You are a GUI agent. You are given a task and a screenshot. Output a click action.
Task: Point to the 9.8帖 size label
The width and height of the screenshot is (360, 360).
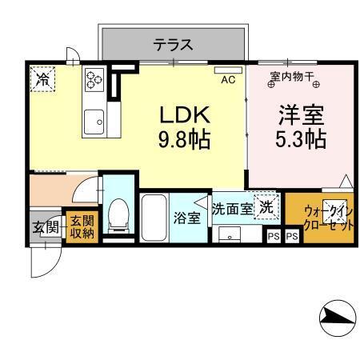click(x=184, y=140)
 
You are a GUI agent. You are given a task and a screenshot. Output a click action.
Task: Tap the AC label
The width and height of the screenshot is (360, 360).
click(x=228, y=78)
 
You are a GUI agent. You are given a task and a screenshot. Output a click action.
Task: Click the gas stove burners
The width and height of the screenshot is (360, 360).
click(x=95, y=79)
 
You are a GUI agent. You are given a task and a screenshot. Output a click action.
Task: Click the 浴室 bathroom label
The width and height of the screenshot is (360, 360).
click(x=188, y=218)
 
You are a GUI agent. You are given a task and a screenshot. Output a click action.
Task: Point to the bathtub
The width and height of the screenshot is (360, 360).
click(x=153, y=217)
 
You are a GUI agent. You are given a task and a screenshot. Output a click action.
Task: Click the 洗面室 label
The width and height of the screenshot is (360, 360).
click(x=232, y=210)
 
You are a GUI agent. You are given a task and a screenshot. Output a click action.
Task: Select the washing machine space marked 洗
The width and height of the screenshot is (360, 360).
click(x=263, y=206)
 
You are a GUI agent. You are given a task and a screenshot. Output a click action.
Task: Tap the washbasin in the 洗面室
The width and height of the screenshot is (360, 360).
click(x=231, y=235)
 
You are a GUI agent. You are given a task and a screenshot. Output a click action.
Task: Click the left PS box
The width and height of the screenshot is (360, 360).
click(x=274, y=236)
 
